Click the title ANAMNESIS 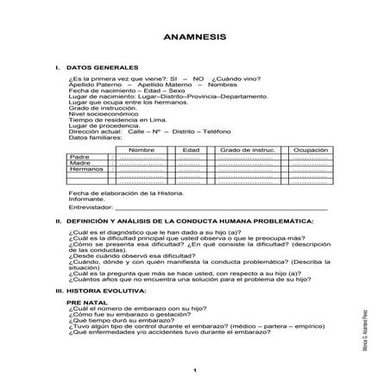[194, 40]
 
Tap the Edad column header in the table [191, 150]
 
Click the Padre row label [79, 157]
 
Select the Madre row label [79, 163]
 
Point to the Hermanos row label [85, 169]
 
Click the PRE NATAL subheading [85, 304]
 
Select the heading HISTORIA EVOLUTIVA [104, 292]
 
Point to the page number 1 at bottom [196, 370]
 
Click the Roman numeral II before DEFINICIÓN [57, 222]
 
